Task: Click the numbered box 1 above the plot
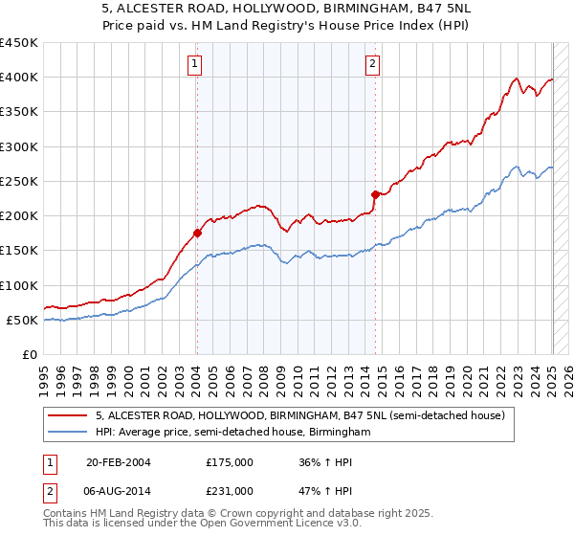tap(194, 64)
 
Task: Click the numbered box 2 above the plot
tap(371, 64)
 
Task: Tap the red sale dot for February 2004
tap(197, 233)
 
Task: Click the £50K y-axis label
tap(23, 321)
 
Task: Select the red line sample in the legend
tap(68, 416)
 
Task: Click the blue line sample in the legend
tap(68, 433)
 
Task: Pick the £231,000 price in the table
tap(230, 491)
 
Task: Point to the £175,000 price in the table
tap(230, 462)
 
